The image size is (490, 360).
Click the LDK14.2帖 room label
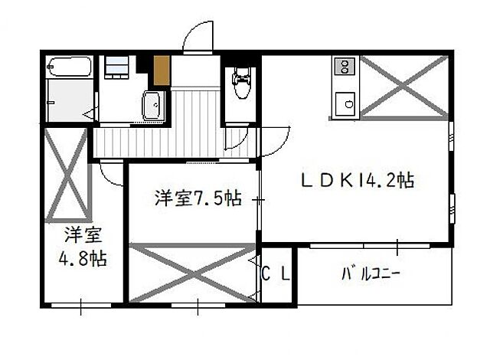tap(357, 181)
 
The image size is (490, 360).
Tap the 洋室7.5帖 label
tap(198, 198)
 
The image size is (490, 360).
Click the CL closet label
tap(276, 273)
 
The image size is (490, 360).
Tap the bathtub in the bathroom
tap(69, 69)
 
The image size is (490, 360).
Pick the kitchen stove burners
tap(343, 67)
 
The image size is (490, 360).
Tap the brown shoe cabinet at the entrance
tap(161, 70)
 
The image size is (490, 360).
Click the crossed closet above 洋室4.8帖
tap(67, 173)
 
